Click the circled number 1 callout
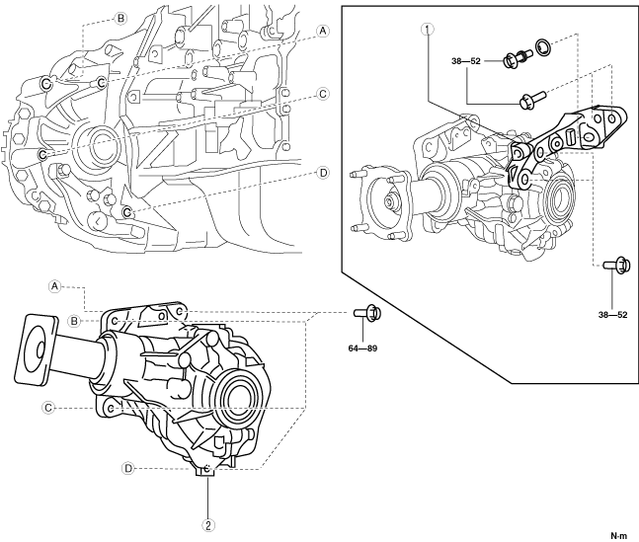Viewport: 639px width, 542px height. coord(427,29)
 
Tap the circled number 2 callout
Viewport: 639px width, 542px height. coord(208,525)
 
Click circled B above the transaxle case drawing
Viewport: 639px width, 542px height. coord(120,18)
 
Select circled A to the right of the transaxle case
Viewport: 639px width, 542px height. coord(323,31)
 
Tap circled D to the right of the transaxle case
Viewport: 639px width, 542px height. coord(323,172)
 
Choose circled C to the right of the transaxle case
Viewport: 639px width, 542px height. coord(323,94)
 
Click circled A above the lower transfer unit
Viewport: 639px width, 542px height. coord(56,284)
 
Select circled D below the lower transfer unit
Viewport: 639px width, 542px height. coord(128,468)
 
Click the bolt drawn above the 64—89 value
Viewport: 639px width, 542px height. coord(365,314)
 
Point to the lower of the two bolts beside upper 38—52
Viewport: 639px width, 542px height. coord(524,99)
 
